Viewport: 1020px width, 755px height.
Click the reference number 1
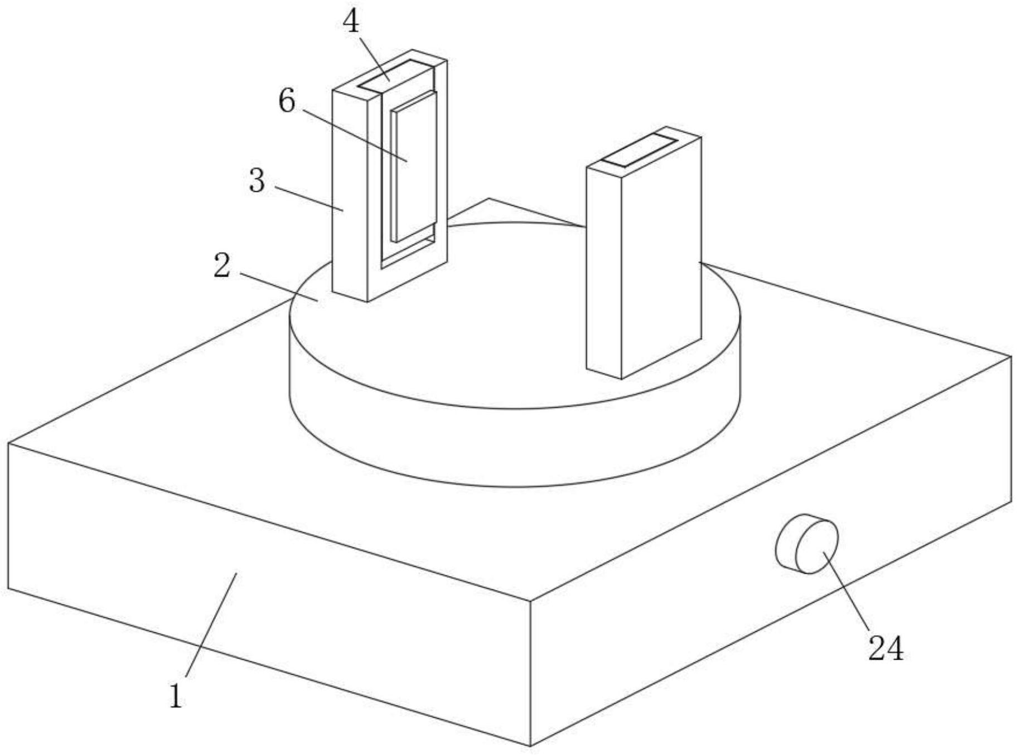point(176,696)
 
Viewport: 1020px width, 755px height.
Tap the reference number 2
point(222,265)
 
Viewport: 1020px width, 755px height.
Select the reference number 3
point(257,181)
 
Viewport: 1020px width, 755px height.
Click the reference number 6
point(287,101)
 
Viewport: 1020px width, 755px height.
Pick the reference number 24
point(886,648)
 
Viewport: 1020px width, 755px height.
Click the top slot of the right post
point(640,149)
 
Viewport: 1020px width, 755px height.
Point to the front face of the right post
point(661,262)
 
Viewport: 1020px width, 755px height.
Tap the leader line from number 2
point(279,287)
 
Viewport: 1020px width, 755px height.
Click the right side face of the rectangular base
point(781,558)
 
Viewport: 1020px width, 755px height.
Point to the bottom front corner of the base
point(530,745)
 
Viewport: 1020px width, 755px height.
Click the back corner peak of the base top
point(489,199)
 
